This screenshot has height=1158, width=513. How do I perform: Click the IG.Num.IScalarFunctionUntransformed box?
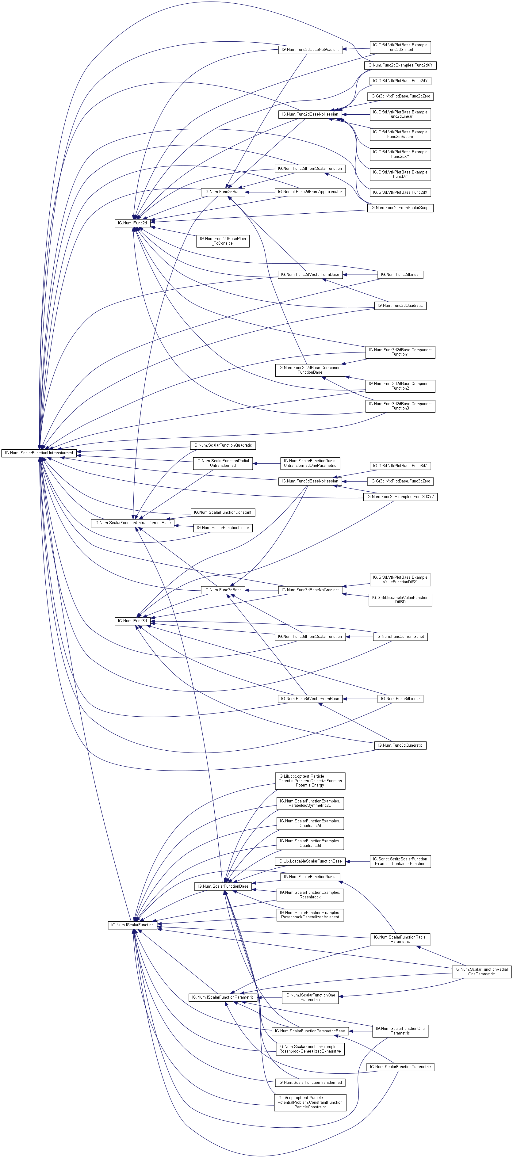(x=39, y=453)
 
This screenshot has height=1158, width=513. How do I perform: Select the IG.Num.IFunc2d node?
(x=132, y=223)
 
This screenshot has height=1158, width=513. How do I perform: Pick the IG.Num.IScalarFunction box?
(x=132, y=925)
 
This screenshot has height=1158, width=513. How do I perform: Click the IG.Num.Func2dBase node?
(x=223, y=192)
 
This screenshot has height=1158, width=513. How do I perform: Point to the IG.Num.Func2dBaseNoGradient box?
(x=310, y=49)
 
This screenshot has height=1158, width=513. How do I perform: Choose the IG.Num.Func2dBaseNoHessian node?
(x=310, y=114)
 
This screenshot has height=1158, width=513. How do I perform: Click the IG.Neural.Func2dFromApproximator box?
(x=310, y=192)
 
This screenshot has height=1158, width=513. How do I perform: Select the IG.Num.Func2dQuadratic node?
(x=400, y=306)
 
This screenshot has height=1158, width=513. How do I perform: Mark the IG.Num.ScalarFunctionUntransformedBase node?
(x=132, y=523)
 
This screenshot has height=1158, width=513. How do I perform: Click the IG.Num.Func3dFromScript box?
(x=400, y=637)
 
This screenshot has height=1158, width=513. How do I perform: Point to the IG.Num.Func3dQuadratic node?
(x=400, y=745)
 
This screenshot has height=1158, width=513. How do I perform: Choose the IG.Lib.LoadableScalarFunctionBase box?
(x=310, y=861)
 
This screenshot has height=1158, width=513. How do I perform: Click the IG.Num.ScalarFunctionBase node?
(x=223, y=886)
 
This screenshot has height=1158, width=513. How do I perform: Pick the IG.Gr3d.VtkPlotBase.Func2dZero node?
(x=400, y=96)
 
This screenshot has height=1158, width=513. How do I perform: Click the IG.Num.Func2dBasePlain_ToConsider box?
(x=223, y=241)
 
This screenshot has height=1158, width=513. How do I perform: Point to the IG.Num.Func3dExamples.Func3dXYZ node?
(x=400, y=497)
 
